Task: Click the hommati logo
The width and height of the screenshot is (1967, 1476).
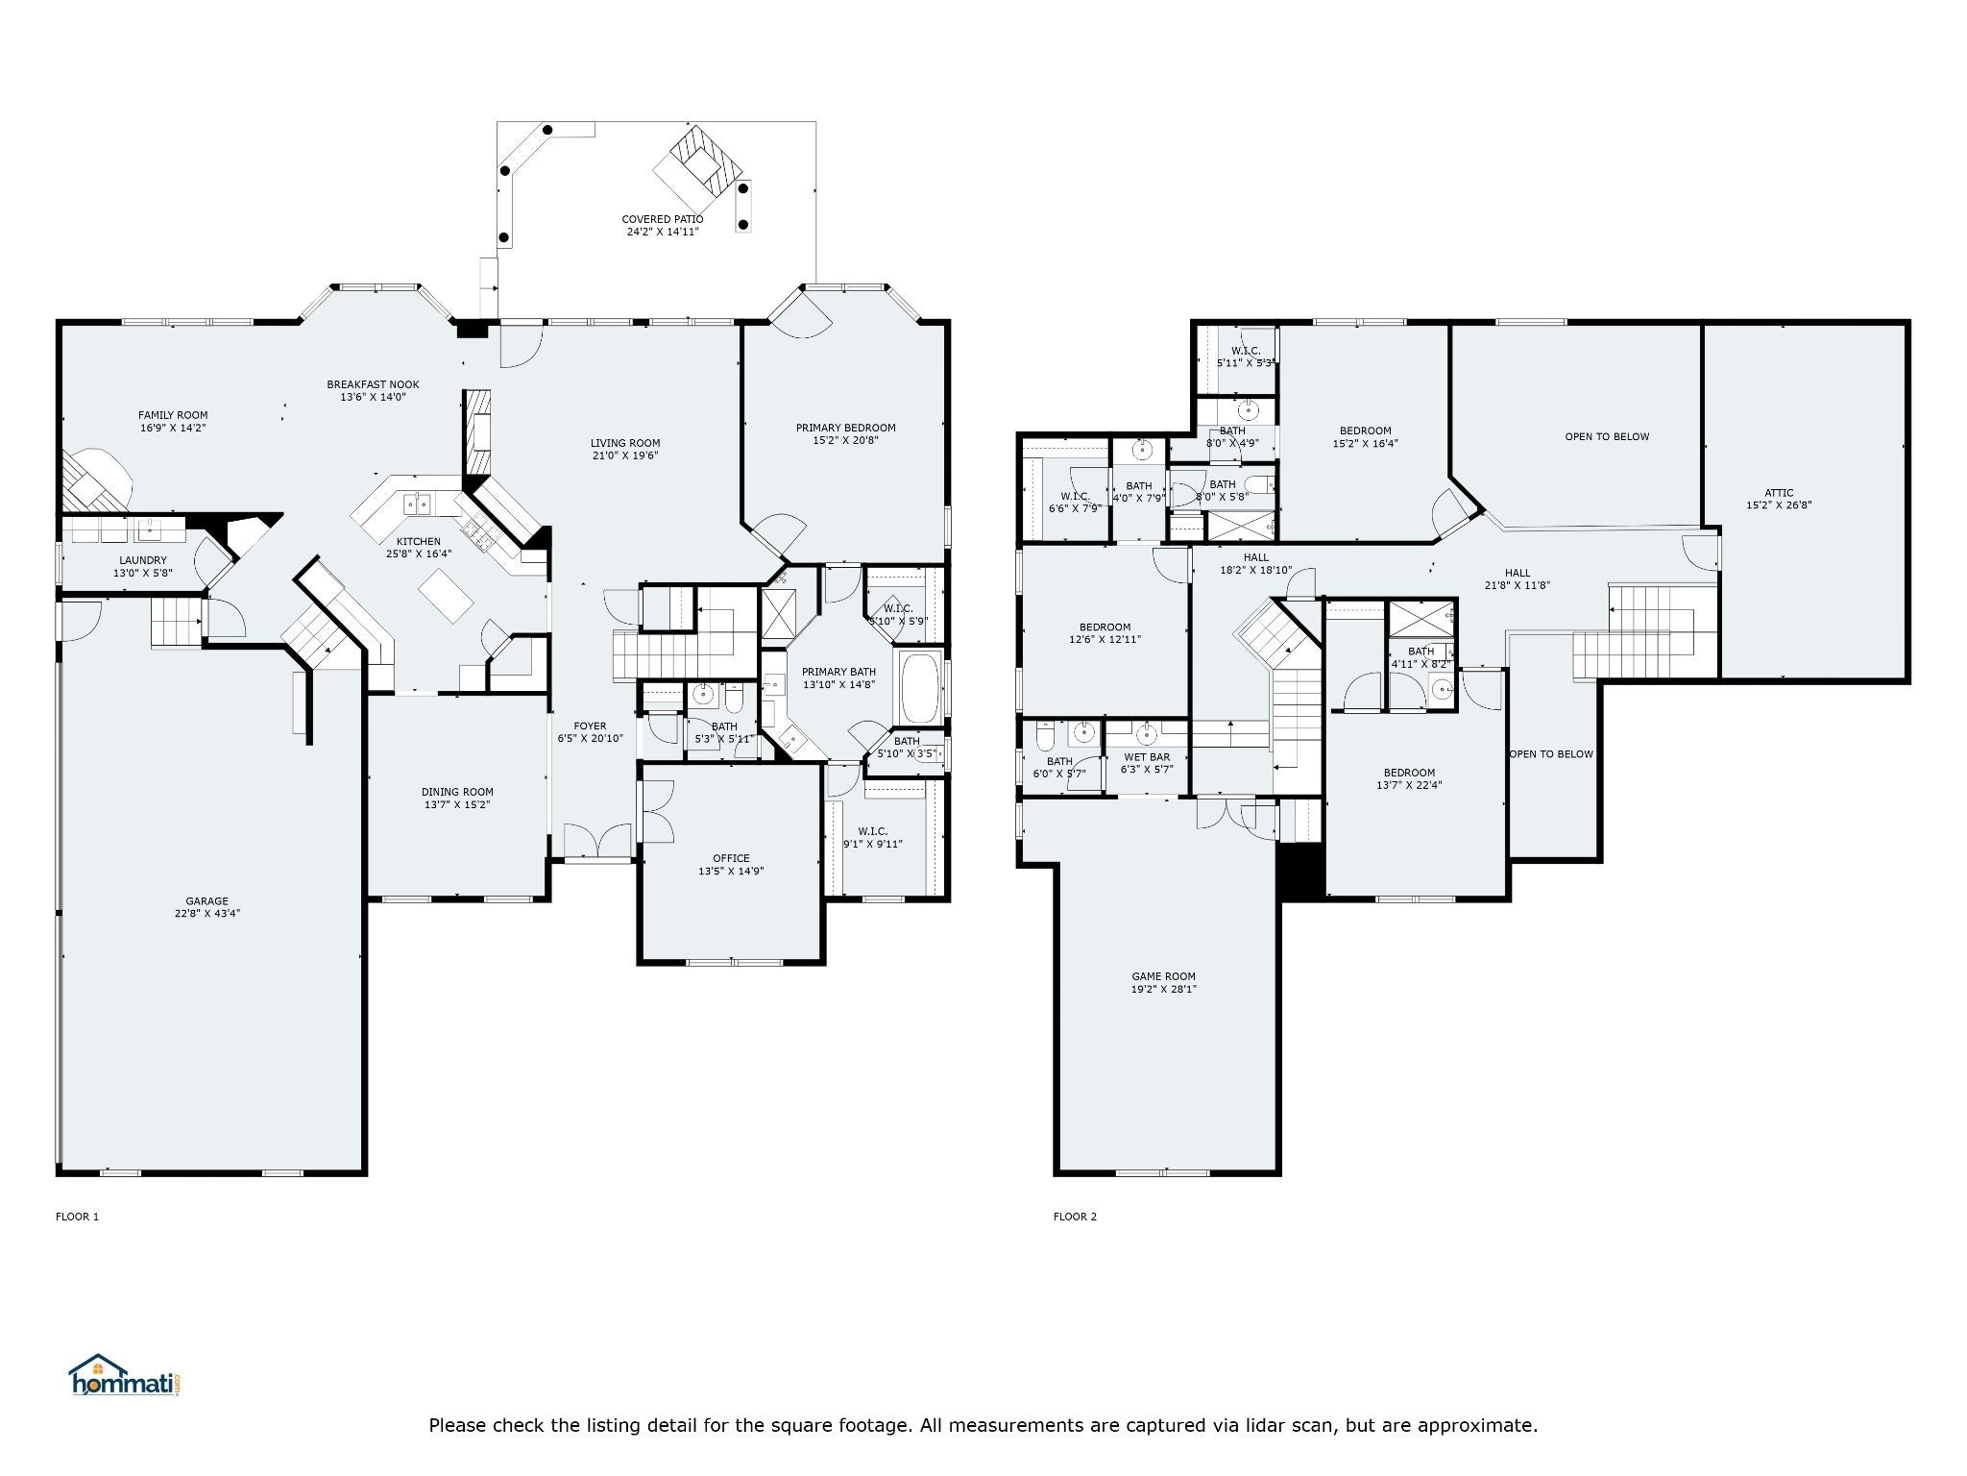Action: (x=126, y=1375)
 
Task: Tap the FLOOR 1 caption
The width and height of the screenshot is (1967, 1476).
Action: (x=77, y=1217)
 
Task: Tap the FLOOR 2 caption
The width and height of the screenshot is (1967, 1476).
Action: (x=1075, y=1217)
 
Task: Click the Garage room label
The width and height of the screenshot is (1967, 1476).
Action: (x=206, y=908)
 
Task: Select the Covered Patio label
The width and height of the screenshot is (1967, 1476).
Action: (x=663, y=225)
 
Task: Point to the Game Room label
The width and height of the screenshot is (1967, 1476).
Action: (x=1163, y=983)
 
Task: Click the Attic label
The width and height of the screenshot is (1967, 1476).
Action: (x=1779, y=499)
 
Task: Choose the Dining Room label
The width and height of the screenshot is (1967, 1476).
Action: (x=457, y=799)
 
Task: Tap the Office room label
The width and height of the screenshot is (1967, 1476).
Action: (x=731, y=865)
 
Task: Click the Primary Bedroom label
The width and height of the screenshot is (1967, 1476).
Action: (x=845, y=434)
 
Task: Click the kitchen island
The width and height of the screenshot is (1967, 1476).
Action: (x=446, y=595)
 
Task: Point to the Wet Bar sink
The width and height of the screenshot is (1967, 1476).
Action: (x=1146, y=735)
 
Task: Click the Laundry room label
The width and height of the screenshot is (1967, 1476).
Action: (x=143, y=566)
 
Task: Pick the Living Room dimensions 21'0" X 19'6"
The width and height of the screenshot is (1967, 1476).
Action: (x=625, y=456)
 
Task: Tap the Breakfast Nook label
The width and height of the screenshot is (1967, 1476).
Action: (x=373, y=390)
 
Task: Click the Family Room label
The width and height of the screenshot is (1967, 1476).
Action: (x=173, y=421)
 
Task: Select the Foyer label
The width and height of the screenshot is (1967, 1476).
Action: (x=590, y=732)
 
